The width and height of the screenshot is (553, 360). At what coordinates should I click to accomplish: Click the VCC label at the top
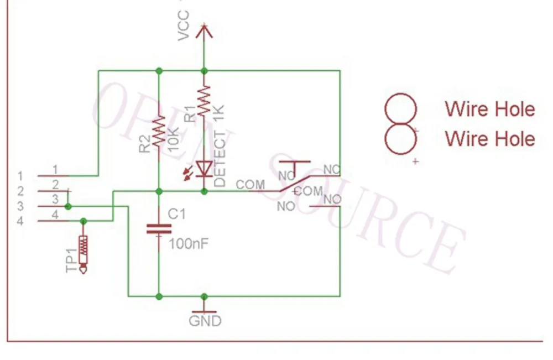tap(184, 26)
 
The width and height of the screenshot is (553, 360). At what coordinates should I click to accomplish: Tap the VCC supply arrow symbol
tap(204, 31)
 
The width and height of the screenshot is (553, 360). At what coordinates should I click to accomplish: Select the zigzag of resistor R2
tap(159, 129)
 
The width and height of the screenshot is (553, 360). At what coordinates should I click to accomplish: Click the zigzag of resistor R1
tap(204, 101)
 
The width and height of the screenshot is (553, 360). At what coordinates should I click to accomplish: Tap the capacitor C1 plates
tap(159, 229)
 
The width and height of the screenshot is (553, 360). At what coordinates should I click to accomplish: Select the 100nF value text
tap(189, 244)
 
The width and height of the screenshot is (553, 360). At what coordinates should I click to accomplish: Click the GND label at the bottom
tap(205, 321)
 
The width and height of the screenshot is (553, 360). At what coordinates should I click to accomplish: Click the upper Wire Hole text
tap(490, 109)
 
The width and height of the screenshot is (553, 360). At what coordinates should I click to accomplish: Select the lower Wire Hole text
tap(490, 139)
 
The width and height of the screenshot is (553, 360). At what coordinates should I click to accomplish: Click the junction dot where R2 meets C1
tap(159, 191)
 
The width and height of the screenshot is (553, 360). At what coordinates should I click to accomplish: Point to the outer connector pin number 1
tap(20, 176)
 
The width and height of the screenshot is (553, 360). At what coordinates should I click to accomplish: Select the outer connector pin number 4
tap(20, 221)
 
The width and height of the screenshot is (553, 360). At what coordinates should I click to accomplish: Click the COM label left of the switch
tap(250, 184)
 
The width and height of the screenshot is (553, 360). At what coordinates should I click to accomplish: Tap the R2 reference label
tap(145, 144)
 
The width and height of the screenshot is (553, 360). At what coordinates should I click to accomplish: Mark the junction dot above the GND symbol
tap(204, 297)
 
